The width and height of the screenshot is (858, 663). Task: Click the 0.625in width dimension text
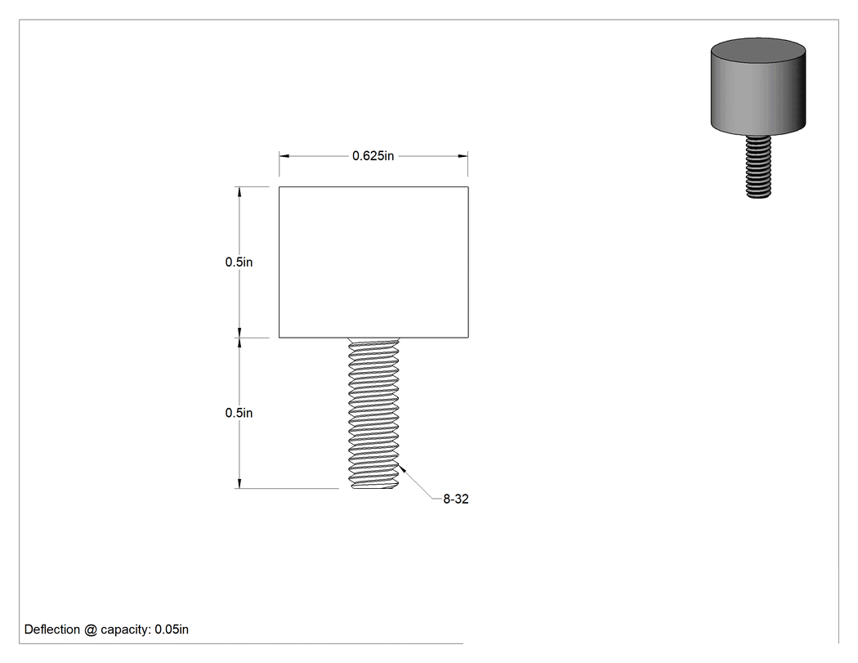click(373, 156)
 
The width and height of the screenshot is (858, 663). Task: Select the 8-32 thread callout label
click(456, 499)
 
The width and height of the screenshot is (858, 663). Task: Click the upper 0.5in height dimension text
click(239, 262)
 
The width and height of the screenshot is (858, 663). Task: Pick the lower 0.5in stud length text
click(239, 413)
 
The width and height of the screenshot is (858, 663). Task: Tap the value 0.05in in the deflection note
click(172, 629)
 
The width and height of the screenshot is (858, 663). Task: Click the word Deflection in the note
click(52, 629)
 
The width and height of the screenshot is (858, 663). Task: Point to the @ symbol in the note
click(90, 629)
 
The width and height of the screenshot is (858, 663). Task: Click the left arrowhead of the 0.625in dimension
click(284, 156)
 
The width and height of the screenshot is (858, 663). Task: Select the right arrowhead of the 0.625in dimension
click(463, 156)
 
